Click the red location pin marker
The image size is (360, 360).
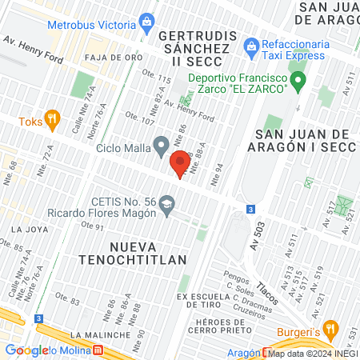180,163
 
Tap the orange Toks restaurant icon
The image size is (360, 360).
53,120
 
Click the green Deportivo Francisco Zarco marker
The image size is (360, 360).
297,80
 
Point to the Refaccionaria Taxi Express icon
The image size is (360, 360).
250,46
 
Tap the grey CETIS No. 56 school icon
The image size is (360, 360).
166,204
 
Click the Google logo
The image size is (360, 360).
26,350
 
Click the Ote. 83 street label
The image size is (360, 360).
67,300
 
